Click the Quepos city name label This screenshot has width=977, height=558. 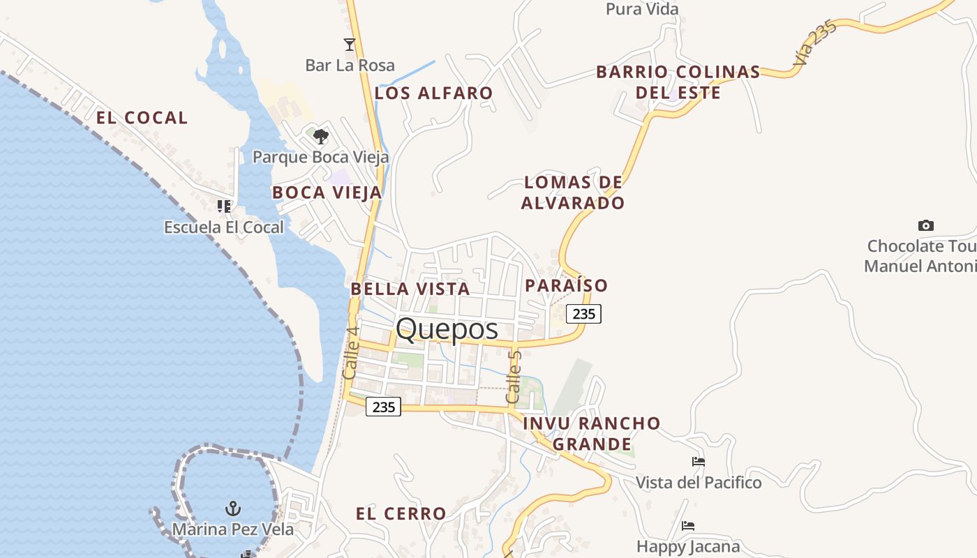coord(447,329)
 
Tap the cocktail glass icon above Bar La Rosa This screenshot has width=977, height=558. coord(350,45)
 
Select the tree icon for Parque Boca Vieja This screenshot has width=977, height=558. coord(320,136)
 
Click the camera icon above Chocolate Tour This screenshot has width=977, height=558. coord(926,225)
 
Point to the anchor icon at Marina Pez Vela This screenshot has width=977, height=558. coord(233,508)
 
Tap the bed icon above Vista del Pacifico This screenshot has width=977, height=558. coord(698,462)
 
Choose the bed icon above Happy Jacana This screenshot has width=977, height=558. coord(688,525)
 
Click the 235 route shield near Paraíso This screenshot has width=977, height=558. coord(583,314)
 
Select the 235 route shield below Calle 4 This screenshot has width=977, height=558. coord(384,407)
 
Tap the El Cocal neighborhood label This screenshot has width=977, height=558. coord(142,118)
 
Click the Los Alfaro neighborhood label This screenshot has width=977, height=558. coord(434,93)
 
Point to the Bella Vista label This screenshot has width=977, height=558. coord(410,288)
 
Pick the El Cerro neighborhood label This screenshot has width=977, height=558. coord(401,514)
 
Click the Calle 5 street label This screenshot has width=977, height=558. coord(514,377)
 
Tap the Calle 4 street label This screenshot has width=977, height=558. coord(351,353)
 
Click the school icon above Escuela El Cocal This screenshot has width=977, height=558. coord(223,206)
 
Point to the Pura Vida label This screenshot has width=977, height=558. coord(642,9)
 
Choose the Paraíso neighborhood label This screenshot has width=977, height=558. coord(566,285)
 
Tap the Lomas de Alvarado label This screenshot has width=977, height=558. coord(574,193)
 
